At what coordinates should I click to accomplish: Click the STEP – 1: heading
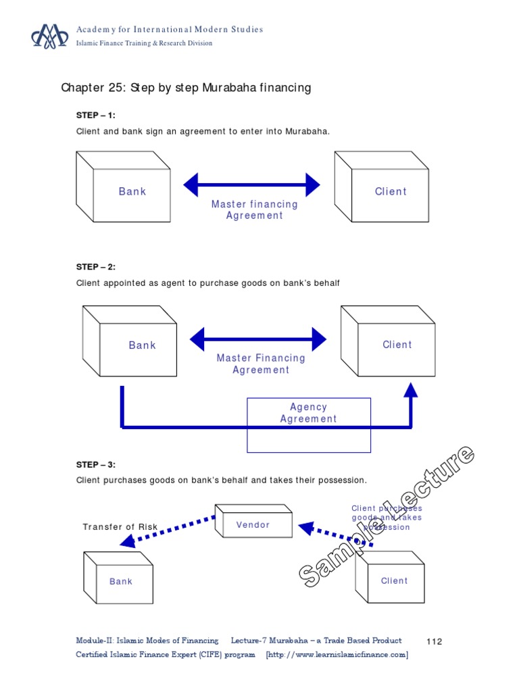(x=96, y=115)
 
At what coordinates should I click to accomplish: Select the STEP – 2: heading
(x=96, y=267)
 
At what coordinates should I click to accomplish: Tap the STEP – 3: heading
(x=96, y=464)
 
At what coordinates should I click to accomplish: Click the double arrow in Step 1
(x=252, y=184)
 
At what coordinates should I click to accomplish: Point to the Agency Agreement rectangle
(x=309, y=424)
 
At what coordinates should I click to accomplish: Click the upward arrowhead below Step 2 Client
(x=411, y=390)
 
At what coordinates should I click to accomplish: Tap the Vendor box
(x=253, y=522)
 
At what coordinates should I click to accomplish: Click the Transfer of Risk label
(x=120, y=527)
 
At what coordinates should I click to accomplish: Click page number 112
(x=435, y=641)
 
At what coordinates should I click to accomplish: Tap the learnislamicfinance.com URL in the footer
(x=337, y=654)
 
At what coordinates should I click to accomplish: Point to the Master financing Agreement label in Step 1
(x=255, y=209)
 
